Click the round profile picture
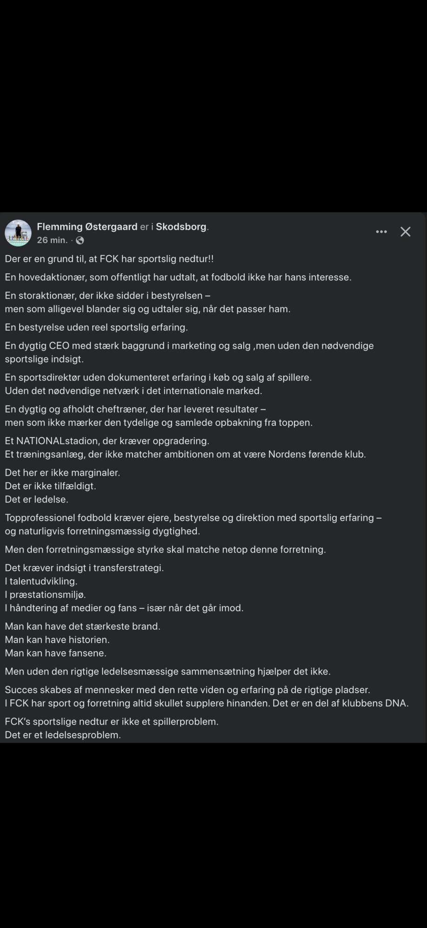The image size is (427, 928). click(x=18, y=233)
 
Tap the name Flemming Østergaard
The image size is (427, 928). click(x=87, y=227)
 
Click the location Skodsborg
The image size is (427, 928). click(x=181, y=227)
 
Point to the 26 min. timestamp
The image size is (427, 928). click(x=52, y=240)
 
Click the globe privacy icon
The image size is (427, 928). click(x=80, y=240)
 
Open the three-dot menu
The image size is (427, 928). click(x=381, y=232)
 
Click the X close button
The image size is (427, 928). click(x=405, y=232)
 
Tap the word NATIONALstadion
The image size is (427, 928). click(x=58, y=441)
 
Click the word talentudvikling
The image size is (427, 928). click(x=44, y=581)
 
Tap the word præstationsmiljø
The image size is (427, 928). click(x=47, y=595)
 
